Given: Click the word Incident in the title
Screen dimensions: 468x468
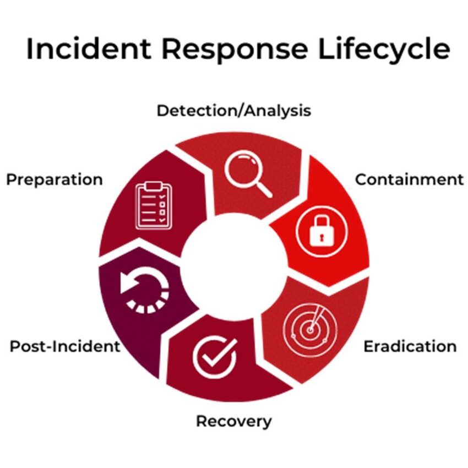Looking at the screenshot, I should (89, 49).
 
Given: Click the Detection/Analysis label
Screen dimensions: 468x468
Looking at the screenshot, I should (233, 111).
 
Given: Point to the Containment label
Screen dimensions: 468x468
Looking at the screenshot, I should (409, 179).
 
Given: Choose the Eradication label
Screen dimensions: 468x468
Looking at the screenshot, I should (410, 346).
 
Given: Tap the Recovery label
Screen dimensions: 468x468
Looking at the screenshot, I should (233, 422).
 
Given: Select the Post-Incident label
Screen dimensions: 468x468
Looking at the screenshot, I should (64, 346).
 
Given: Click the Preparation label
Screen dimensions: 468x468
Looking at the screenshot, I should (55, 179).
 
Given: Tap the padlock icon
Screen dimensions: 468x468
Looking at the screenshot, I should (322, 230).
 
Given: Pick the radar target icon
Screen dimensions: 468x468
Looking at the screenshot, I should (310, 329).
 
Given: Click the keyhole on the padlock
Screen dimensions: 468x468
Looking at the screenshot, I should (322, 235).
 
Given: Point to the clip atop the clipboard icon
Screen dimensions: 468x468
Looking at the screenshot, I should (154, 184).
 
